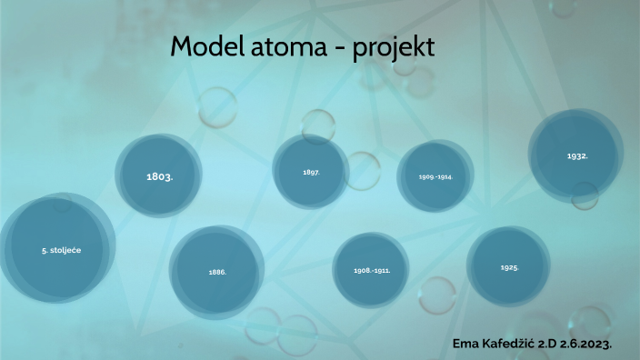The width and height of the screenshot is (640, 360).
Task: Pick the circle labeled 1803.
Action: click(159, 176)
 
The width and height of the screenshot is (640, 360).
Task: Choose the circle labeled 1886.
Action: click(217, 271)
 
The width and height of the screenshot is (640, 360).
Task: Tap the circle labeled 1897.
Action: click(310, 172)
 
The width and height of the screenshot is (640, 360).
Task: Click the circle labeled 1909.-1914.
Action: click(435, 176)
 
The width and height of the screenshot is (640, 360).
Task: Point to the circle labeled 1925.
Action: click(509, 267)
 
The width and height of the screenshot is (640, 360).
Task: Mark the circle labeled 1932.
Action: click(577, 155)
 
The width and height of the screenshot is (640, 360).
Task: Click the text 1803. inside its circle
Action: click(159, 176)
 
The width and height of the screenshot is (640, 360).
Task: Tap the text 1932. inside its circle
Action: click(577, 156)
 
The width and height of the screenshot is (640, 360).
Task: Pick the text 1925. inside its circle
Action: click(509, 268)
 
